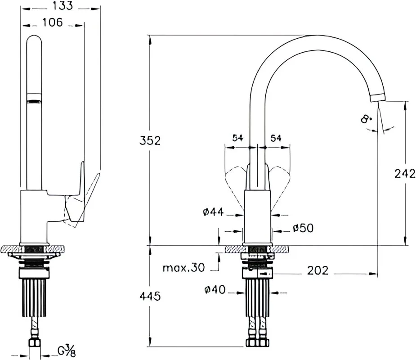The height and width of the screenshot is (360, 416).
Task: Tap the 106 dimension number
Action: [53, 22]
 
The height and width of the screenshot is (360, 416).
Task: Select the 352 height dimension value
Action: [150, 141]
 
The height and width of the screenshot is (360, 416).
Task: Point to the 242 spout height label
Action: [405, 174]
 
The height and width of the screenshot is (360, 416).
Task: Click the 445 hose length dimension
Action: [150, 296]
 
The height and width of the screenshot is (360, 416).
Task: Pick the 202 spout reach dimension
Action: [318, 270]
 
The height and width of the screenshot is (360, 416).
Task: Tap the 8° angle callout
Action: [366, 118]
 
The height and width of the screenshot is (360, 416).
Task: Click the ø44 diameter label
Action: [214, 212]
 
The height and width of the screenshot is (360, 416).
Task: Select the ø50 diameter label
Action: [303, 228]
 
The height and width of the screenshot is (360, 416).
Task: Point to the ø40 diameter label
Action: [215, 290]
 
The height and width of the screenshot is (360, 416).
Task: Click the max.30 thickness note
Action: [183, 268]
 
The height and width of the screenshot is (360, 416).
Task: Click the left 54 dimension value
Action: [238, 138]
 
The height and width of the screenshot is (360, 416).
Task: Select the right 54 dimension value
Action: [276, 138]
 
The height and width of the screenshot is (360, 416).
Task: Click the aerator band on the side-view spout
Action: [34, 98]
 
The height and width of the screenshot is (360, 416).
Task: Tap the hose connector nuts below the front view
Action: [257, 342]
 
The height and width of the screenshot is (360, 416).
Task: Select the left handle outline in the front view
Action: [235, 186]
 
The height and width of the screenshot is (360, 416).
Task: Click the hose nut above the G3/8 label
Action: [34, 342]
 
